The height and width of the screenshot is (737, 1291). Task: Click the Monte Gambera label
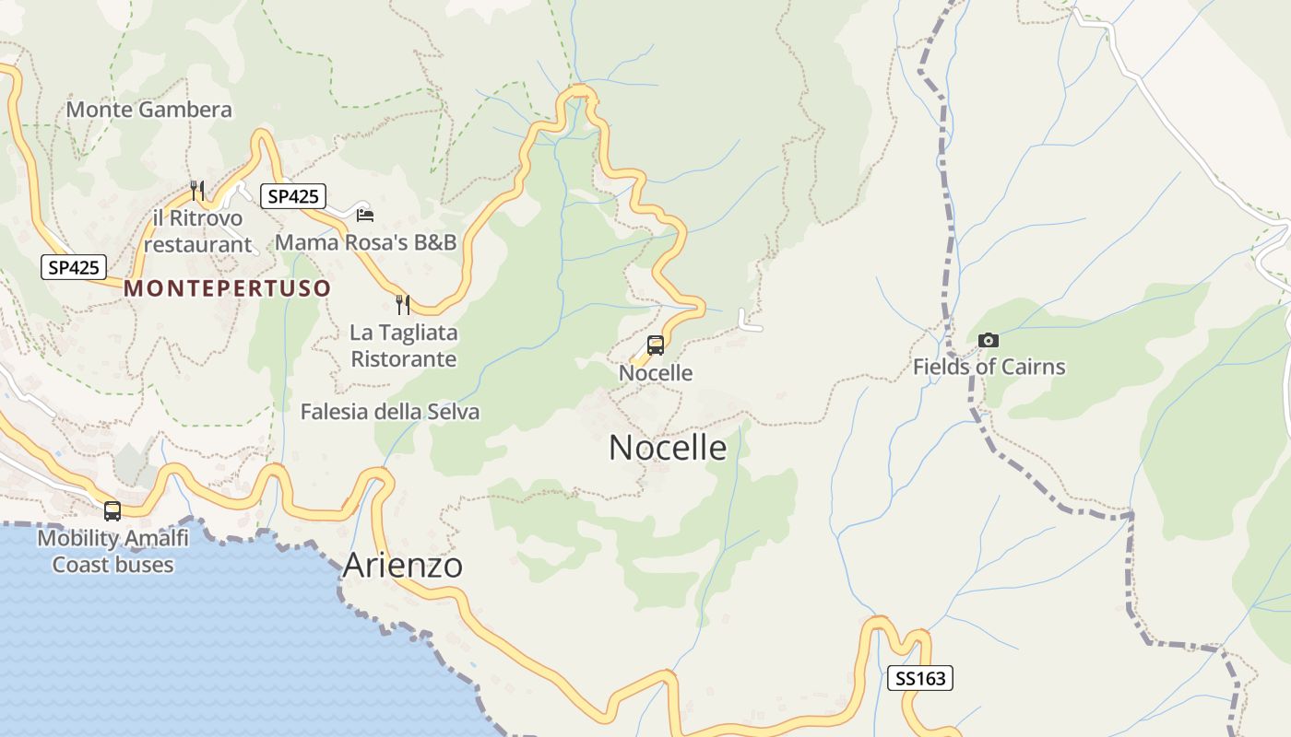coord(148,110)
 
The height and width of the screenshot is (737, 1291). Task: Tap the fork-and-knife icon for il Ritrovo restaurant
coord(196,191)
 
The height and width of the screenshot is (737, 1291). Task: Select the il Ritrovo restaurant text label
coord(197,231)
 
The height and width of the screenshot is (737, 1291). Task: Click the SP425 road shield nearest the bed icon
coord(293,196)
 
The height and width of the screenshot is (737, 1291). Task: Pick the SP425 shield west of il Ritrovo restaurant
coord(74,268)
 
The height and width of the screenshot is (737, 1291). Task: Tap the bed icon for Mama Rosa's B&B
coord(365,215)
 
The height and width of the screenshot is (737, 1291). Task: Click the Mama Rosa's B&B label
coord(366,242)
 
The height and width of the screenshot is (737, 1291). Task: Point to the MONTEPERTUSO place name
coord(227,288)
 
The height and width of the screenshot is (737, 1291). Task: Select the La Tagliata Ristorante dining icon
coord(402,305)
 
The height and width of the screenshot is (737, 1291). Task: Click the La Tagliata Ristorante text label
coord(403,345)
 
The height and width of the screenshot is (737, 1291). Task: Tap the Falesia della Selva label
coord(390,412)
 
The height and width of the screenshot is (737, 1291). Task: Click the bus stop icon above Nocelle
coord(656,345)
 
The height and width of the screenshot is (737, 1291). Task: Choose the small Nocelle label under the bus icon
coord(656,373)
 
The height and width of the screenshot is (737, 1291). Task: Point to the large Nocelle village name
coord(668,448)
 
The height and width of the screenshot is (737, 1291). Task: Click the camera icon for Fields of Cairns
coord(989,341)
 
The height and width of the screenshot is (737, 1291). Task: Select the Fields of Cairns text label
coord(989,367)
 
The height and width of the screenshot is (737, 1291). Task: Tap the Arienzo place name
coord(402,565)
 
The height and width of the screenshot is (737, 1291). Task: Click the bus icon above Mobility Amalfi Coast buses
coord(113,510)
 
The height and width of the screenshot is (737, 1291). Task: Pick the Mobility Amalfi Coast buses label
coord(113,551)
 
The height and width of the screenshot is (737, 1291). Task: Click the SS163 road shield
coord(919,679)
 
